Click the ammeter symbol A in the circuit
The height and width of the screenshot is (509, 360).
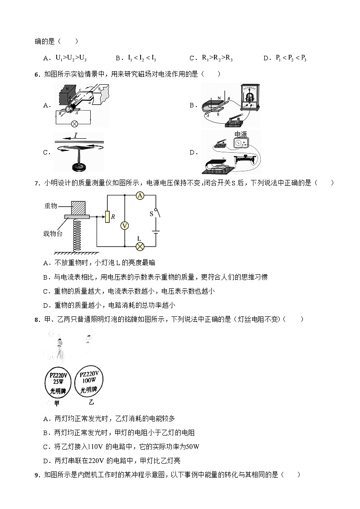point(140,195)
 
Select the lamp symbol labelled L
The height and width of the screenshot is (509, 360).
point(140,246)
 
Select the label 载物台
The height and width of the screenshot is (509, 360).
point(53,233)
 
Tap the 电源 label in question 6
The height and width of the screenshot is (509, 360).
point(241,134)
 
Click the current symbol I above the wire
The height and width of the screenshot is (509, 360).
point(75,136)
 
